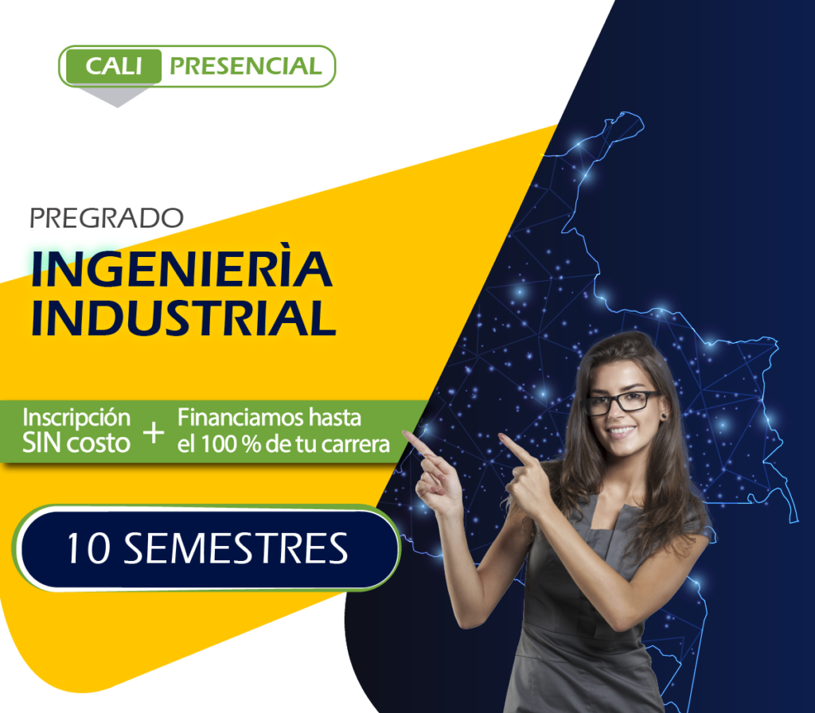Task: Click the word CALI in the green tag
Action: tap(113, 66)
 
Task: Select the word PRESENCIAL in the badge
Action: tap(246, 66)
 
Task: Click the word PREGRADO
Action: tap(107, 218)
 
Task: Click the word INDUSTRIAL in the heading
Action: tap(184, 317)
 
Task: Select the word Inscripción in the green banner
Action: tap(76, 419)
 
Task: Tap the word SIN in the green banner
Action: tap(41, 443)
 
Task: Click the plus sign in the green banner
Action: tap(154, 432)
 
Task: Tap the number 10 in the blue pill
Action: tap(88, 548)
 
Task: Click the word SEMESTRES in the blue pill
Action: tap(236, 548)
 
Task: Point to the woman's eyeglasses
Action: tap(622, 403)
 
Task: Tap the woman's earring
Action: tap(664, 416)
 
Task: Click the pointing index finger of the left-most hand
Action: tap(419, 444)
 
